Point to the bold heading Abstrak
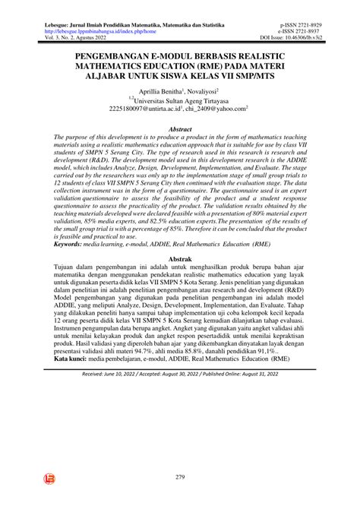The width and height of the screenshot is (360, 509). tap(179, 259)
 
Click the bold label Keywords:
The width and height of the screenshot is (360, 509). tap(76, 245)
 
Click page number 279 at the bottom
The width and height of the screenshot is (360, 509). tap(180, 476)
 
